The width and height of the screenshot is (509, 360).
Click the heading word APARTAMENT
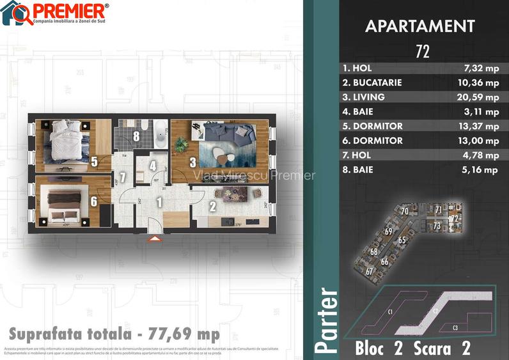(x=419, y=26)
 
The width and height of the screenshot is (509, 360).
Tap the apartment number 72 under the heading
(x=422, y=52)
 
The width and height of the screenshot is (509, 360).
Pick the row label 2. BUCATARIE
(x=372, y=82)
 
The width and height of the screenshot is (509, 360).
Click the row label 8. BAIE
(x=358, y=170)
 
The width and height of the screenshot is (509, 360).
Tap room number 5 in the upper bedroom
(x=93, y=162)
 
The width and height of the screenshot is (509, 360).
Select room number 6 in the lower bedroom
(x=93, y=201)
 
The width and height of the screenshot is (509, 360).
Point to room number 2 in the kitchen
(x=212, y=206)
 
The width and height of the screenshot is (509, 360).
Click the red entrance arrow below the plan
(x=154, y=239)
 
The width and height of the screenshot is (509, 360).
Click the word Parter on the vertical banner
(x=326, y=320)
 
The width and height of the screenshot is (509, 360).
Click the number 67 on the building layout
(x=370, y=270)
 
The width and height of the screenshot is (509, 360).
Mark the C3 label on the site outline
(x=455, y=327)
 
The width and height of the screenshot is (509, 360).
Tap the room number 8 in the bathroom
(x=136, y=136)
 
